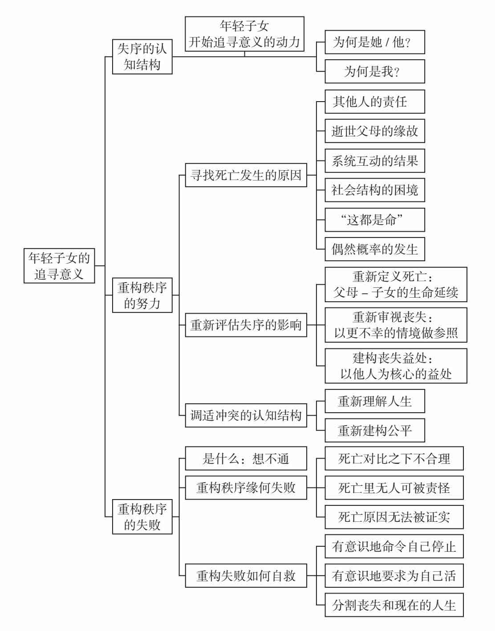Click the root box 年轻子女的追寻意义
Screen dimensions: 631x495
tap(59, 266)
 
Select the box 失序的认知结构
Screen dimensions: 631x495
tap(142, 57)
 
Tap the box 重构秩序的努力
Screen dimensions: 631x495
tap(142, 295)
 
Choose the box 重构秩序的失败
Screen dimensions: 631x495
tap(142, 517)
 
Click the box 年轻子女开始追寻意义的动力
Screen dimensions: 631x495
tap(244, 34)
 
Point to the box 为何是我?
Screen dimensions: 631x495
tap(374, 71)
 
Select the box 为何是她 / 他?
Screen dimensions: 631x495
tap(374, 42)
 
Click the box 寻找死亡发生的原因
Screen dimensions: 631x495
tap(246, 175)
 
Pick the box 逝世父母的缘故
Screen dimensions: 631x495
tap(374, 131)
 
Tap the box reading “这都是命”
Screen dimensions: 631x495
tap(374, 220)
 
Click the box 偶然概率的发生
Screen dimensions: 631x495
tap(374, 249)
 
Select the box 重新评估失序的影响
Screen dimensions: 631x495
tap(246, 325)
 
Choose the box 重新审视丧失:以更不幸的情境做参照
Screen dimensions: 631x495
tap(395, 325)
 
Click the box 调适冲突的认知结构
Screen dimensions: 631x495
tap(246, 415)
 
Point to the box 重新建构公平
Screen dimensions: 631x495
tap(374, 430)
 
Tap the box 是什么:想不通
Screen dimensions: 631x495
tap(246, 458)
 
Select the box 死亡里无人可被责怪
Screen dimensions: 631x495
tap(394, 488)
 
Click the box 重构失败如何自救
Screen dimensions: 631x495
tap(246, 576)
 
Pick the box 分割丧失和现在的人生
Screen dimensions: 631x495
tap(394, 605)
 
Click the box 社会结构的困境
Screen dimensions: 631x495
tap(374, 190)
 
